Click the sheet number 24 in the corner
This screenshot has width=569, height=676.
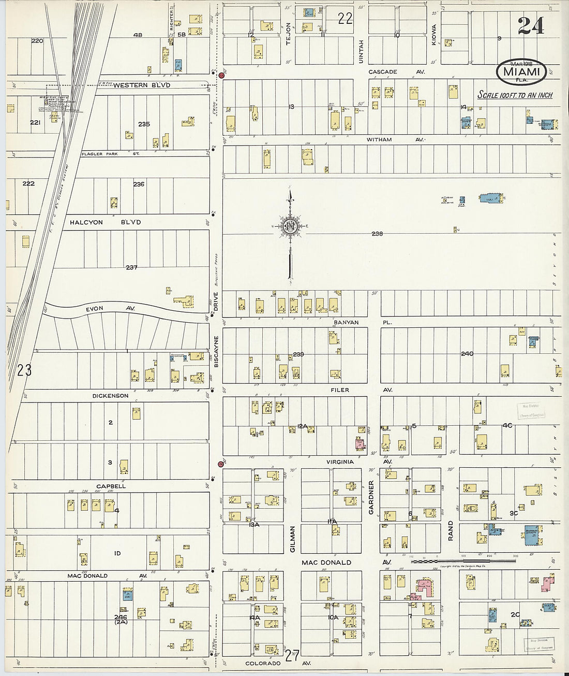click(530, 25)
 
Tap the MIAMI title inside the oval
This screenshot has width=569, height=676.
click(521, 71)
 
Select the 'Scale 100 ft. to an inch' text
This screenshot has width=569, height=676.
click(514, 95)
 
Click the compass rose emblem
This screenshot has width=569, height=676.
click(290, 226)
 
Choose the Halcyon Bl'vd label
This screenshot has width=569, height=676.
click(105, 222)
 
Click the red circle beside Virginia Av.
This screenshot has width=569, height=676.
click(221, 464)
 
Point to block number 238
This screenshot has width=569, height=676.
click(377, 234)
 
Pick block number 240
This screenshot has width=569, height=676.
click(467, 354)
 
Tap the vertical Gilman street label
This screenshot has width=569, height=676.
click(292, 539)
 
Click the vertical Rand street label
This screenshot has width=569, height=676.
click(450, 531)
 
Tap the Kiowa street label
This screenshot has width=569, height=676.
click(434, 35)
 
